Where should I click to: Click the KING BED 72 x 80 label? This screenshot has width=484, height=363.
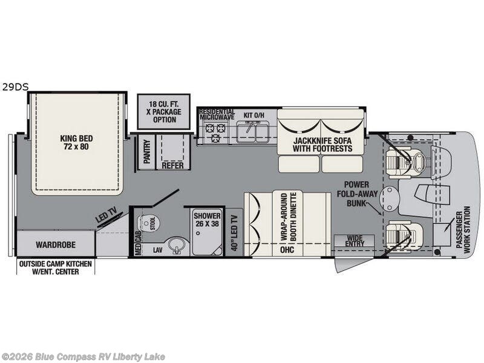(76, 143)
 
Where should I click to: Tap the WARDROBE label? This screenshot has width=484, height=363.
(56, 245)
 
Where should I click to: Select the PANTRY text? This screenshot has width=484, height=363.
(147, 151)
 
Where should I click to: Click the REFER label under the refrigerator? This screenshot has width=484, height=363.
(173, 165)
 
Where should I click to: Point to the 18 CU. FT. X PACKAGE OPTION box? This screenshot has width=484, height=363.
(163, 111)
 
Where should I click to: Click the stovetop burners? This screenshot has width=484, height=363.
(216, 131)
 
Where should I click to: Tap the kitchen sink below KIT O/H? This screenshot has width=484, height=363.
(252, 131)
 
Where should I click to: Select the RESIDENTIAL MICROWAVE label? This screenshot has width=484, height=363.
(217, 114)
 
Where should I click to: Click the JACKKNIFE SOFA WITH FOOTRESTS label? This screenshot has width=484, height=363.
(322, 145)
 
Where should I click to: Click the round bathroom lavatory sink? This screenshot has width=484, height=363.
(177, 246)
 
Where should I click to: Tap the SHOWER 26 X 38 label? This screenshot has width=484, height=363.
(207, 220)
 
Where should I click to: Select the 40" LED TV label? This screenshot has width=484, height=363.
(235, 233)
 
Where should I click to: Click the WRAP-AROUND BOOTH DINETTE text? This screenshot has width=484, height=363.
(289, 217)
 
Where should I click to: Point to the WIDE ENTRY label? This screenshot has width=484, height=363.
(355, 241)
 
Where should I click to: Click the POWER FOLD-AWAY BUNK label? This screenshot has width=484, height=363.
(357, 194)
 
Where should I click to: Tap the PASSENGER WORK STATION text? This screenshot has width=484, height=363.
(463, 230)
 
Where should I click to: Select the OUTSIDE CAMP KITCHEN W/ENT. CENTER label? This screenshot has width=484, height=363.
(56, 268)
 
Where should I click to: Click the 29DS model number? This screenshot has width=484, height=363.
(16, 87)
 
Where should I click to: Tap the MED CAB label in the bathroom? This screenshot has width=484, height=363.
(138, 243)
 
